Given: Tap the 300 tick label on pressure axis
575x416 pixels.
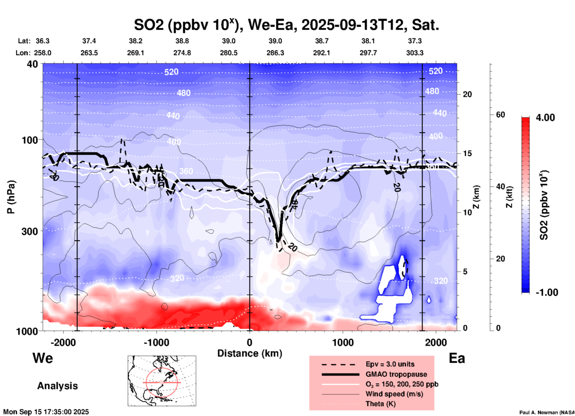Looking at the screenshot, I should click(30, 231).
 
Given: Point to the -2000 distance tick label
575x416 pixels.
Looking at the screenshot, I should click(63, 342).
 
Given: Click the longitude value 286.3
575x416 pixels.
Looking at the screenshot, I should click(275, 53).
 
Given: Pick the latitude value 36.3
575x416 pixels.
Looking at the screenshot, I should click(42, 41).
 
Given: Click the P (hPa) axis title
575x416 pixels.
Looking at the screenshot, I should click(11, 197).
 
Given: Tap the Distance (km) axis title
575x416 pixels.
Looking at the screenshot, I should click(250, 353).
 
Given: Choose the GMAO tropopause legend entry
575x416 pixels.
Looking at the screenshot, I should click(396, 374).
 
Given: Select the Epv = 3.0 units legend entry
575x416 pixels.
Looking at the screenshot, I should click(390, 364).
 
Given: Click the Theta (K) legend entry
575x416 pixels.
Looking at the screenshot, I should click(380, 404).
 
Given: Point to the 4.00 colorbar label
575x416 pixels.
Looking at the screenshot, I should click(545, 118).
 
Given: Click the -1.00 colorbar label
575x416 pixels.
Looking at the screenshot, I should click(546, 292).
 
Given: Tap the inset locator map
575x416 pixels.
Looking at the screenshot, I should click(162, 380).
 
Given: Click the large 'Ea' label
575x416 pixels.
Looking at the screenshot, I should click(456, 358).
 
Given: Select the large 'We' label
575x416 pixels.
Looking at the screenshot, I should click(43, 358).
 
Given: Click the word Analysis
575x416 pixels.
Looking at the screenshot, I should click(57, 386).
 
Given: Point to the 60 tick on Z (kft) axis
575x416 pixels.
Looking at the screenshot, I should click(500, 115).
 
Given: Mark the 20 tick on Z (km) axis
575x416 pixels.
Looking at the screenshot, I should click(467, 95).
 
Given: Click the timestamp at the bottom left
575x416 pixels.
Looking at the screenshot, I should click(46, 412).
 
